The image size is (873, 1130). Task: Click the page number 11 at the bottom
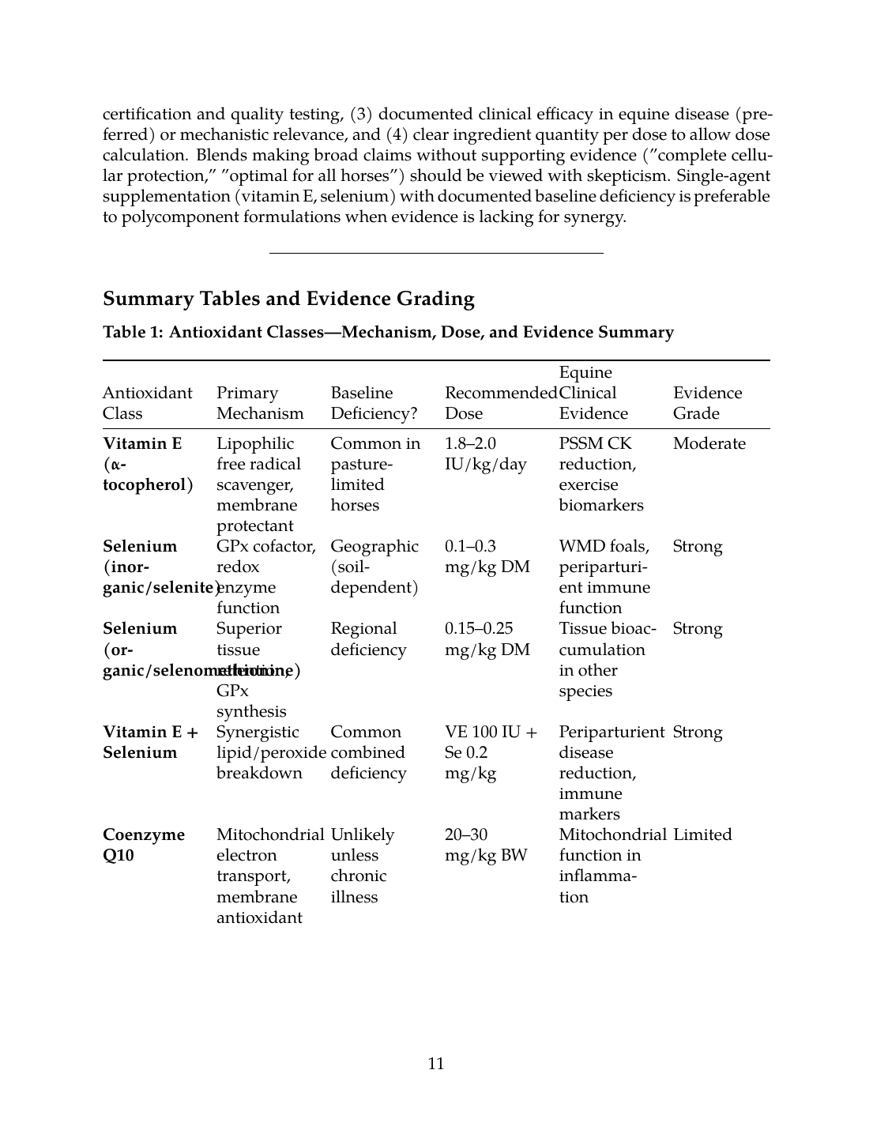[x=436, y=1064]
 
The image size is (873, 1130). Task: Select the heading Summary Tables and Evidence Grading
[x=288, y=299]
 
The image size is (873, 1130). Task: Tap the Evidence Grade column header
[x=707, y=403]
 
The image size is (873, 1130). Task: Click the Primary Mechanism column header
[x=259, y=403]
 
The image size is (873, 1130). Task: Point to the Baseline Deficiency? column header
[x=374, y=403]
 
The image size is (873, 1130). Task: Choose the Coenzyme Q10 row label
[x=144, y=845]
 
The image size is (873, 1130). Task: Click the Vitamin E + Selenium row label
[x=150, y=742]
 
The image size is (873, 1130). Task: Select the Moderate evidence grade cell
[x=709, y=443]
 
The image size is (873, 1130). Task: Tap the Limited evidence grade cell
[x=702, y=834]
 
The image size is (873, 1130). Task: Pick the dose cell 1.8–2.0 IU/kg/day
[x=485, y=454]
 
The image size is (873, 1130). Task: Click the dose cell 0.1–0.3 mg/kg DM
[x=487, y=556]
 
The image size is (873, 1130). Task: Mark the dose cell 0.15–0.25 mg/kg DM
[x=487, y=638]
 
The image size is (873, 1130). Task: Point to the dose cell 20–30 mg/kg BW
[x=486, y=845]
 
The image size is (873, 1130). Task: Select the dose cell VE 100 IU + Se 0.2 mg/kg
[x=491, y=752]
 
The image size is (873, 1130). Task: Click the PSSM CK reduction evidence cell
[x=600, y=474]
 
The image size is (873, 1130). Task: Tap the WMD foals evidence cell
[x=604, y=577]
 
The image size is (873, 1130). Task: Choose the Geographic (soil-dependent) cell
[x=374, y=567]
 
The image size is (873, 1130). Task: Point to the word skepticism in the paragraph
[x=625, y=175]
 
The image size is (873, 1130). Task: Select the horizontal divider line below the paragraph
[x=436, y=253]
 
